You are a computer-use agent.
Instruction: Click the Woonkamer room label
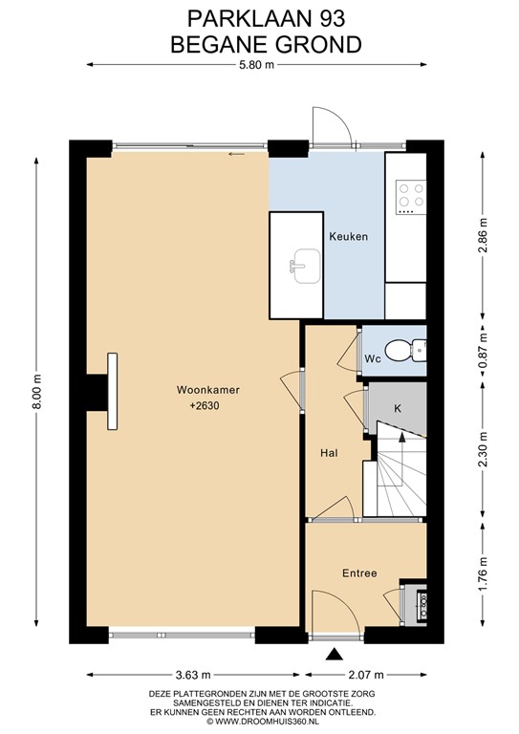tap(207, 390)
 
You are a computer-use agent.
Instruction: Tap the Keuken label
tap(348, 236)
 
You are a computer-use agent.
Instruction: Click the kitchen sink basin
tap(307, 266)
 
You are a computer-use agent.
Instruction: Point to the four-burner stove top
tap(411, 197)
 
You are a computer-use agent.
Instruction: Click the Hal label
tap(329, 453)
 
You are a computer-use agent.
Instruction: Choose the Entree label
tap(359, 573)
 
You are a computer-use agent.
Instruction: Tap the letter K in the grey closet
tap(398, 408)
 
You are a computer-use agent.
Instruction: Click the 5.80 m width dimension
tap(256, 65)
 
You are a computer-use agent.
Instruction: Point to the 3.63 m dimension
tap(193, 675)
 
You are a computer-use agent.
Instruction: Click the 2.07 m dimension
tap(366, 675)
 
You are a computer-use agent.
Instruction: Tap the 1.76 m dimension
tap(483, 573)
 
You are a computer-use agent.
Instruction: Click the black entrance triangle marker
tap(334, 655)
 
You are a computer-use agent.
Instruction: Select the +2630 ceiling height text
tap(205, 406)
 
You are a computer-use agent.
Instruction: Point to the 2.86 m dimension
tap(483, 235)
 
